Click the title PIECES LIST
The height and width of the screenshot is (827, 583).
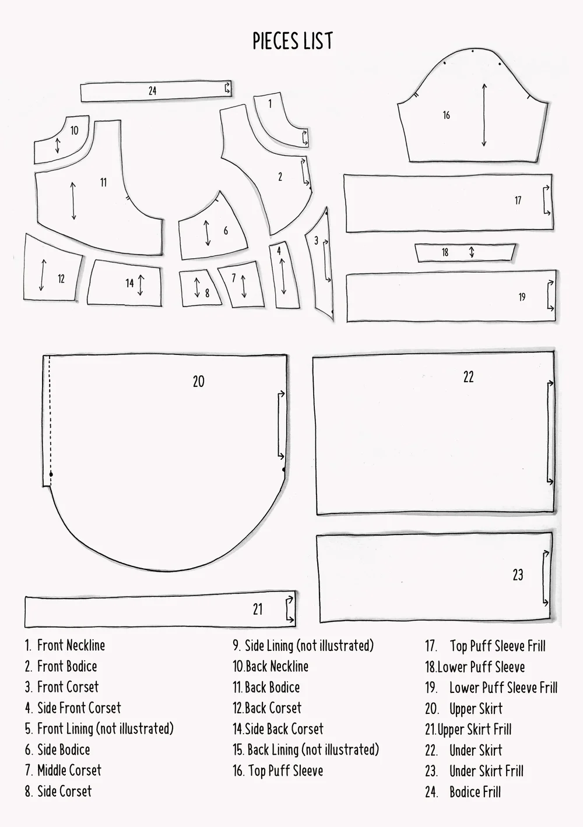click(x=293, y=41)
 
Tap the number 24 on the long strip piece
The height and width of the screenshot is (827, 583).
click(x=152, y=91)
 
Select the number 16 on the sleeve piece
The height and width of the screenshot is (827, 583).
click(x=446, y=115)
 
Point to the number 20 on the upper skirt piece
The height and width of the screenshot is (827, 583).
click(x=198, y=381)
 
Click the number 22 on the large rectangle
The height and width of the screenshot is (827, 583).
click(x=468, y=377)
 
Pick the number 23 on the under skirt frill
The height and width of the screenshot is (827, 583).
click(x=518, y=575)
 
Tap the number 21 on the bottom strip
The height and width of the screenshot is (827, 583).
click(x=258, y=609)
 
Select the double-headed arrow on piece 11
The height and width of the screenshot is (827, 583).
click(x=73, y=201)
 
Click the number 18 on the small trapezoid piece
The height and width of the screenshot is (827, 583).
click(x=445, y=252)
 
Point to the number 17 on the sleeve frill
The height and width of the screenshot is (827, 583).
click(x=518, y=200)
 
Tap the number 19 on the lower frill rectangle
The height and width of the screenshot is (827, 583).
click(x=522, y=297)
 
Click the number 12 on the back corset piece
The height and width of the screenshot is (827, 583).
click(x=61, y=279)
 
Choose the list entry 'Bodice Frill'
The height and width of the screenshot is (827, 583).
click(x=475, y=791)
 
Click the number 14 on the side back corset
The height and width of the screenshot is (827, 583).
click(x=129, y=283)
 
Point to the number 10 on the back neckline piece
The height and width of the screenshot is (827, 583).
click(x=74, y=131)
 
